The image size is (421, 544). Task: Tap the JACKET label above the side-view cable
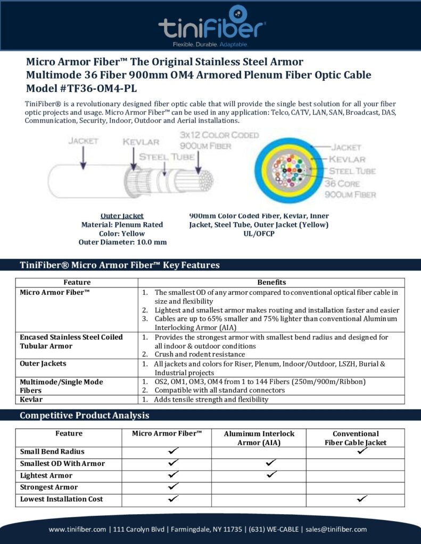82,141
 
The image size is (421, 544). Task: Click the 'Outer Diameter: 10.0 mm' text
122,242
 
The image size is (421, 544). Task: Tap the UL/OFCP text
259,233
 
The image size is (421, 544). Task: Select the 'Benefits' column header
271,282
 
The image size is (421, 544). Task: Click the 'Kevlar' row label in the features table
31,399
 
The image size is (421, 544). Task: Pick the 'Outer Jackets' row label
43,363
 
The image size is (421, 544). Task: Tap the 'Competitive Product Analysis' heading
84,415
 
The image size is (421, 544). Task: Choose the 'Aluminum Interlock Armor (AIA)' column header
259,438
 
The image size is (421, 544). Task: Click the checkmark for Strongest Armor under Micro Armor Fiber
172,487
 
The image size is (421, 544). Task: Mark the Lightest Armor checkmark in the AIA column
271,474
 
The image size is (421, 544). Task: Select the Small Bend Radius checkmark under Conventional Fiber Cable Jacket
362,451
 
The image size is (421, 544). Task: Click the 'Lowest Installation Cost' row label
61,499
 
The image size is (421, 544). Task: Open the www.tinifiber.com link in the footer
78,529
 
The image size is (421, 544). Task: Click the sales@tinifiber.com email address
336,529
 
